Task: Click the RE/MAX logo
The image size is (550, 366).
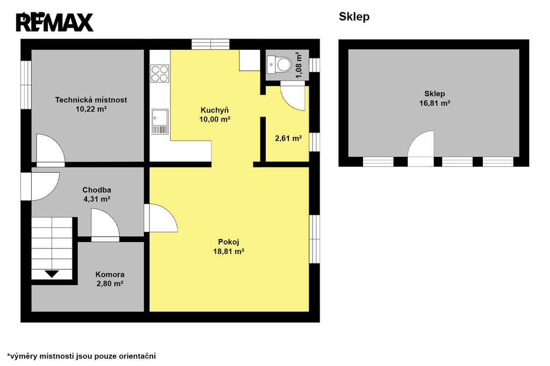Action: tap(55, 22)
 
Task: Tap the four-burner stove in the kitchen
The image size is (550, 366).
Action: tap(160, 74)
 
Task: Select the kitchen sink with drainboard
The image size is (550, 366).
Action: tap(160, 122)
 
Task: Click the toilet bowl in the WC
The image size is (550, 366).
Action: tap(284, 65)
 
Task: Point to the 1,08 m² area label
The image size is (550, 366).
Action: tap(299, 65)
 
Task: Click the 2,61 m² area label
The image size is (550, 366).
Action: tap(288, 138)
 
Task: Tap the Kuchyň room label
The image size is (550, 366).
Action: tap(215, 110)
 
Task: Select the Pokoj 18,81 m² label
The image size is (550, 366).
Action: tap(229, 246)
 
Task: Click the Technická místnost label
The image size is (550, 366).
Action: tap(91, 100)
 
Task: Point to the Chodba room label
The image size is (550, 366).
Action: tap(97, 190)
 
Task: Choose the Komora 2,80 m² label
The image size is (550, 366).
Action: tap(110, 279)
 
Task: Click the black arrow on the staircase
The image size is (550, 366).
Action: tap(52, 274)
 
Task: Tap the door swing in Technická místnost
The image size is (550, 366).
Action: tap(50, 149)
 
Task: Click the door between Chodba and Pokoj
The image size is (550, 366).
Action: tap(161, 218)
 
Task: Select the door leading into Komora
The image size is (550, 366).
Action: tap(105, 225)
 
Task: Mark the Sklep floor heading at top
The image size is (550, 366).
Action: tap(354, 17)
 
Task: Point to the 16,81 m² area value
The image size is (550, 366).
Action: tap(435, 103)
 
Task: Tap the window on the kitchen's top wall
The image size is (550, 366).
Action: tap(211, 44)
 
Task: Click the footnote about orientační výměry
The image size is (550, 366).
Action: tap(82, 356)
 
